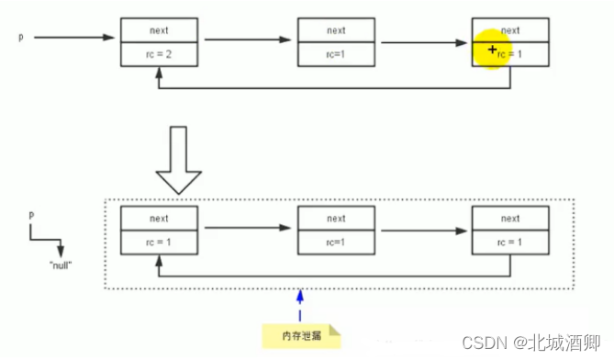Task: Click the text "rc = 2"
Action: coord(159,55)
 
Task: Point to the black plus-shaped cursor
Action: coord(493,51)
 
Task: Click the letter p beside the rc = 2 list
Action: coord(20,38)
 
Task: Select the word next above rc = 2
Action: coord(159,30)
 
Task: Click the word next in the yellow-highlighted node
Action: coord(509,30)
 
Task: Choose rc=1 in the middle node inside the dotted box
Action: coord(336,242)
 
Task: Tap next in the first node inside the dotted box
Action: coord(159,219)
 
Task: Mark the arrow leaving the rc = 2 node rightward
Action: coord(247,39)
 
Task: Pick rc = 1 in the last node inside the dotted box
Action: coord(509,242)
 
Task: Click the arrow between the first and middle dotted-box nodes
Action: coord(247,228)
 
